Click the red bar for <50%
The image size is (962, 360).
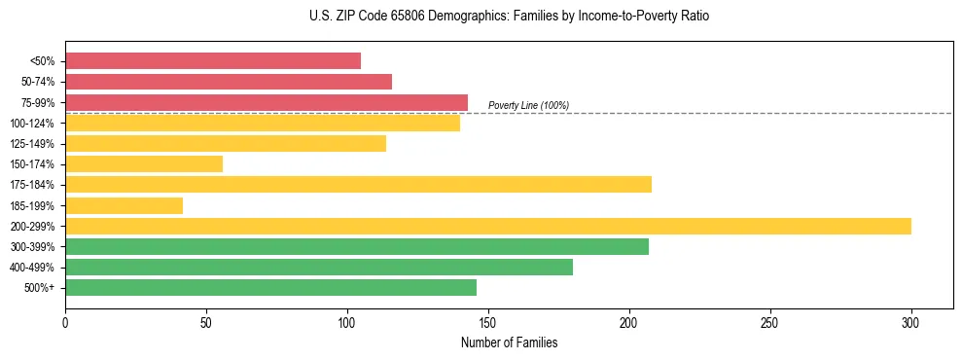[x=213, y=60]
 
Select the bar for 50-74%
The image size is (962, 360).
[x=229, y=82]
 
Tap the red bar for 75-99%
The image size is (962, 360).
[x=267, y=102]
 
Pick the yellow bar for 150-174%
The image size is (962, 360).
[x=144, y=163]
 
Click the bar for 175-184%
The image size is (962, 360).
[x=358, y=184]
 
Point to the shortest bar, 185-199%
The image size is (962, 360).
[x=124, y=205]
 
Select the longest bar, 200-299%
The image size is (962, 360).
[x=488, y=226]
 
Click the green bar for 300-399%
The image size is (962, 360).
[x=357, y=246]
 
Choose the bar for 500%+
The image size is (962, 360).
[x=270, y=287]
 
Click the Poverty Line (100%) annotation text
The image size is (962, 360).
[x=528, y=105]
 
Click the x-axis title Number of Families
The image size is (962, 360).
[x=509, y=342]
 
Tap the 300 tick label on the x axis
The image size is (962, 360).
[x=911, y=322]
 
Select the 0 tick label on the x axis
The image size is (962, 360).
[x=65, y=322]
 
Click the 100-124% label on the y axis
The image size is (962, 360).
[x=32, y=124]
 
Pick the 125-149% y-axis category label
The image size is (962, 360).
[x=32, y=144]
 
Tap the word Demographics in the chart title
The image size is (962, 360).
[x=443, y=17]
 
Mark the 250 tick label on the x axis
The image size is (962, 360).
[x=770, y=322]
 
